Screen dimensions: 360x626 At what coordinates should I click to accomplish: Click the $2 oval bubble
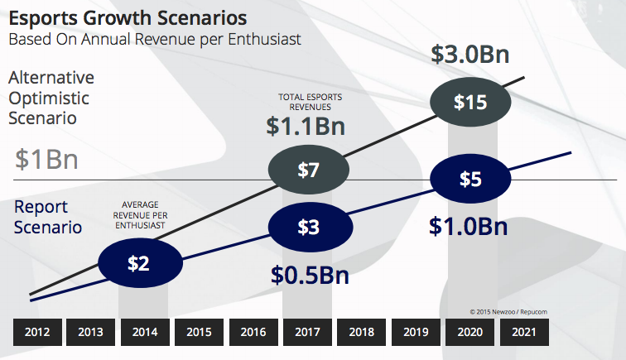point(138,263)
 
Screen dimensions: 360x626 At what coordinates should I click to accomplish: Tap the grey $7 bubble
point(308,170)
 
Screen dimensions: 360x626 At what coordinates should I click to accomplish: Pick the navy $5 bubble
point(469,179)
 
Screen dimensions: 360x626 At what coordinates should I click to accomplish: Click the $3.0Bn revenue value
point(469,55)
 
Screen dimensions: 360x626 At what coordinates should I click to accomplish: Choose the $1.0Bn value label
point(469,226)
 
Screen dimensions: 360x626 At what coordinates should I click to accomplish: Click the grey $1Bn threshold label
point(46,159)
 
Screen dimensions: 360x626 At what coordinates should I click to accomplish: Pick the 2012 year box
point(36,332)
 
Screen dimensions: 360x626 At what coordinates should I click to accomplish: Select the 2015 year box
point(199,332)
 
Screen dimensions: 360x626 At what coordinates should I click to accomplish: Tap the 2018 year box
point(361,332)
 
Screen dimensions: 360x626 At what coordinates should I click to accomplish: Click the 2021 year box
point(524,332)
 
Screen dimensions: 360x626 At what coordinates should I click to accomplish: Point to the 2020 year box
point(469,332)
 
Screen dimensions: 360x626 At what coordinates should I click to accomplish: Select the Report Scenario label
point(47,216)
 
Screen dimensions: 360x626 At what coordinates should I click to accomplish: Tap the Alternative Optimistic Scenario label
point(51,98)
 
